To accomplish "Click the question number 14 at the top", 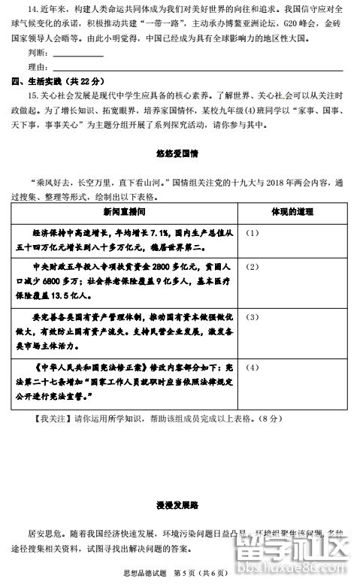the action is pos(32,10).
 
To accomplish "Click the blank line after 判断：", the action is pos(78,54).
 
